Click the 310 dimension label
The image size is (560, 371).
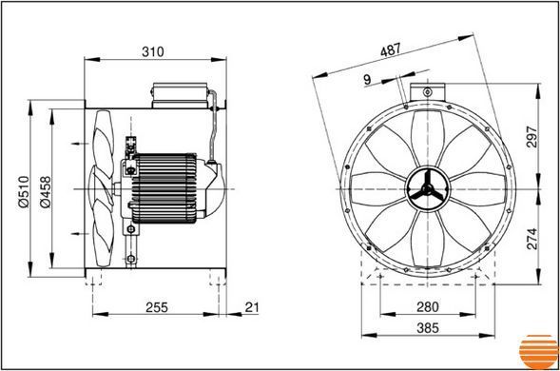click(x=153, y=51)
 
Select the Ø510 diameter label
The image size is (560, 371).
click(x=24, y=191)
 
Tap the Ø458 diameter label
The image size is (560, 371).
click(x=46, y=191)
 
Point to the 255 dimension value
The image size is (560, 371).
click(x=157, y=307)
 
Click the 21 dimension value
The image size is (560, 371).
click(x=252, y=306)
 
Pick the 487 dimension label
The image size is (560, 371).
click(x=391, y=50)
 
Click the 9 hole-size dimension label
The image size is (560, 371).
click(x=367, y=79)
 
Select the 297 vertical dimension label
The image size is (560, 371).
click(x=531, y=137)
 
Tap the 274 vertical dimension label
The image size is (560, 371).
click(x=531, y=239)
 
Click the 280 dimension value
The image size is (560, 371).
click(x=428, y=306)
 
